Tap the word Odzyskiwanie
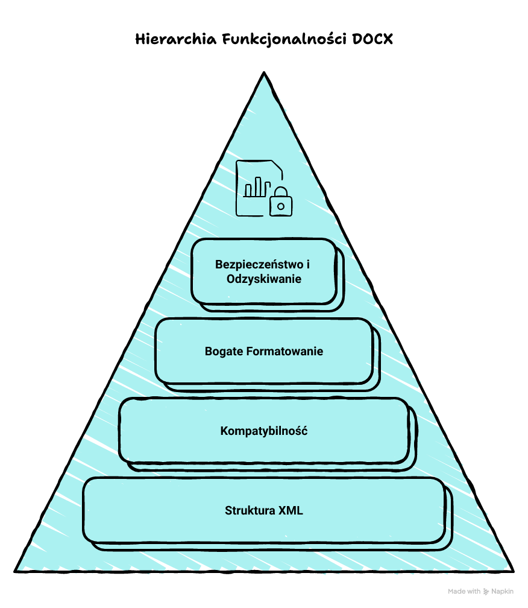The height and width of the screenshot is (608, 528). pos(264,279)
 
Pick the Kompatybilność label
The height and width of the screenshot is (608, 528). pos(264,431)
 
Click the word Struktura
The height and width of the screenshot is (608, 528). pos(250,510)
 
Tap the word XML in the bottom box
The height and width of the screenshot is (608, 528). pos(291,510)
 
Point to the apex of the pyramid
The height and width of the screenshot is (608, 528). pos(263,74)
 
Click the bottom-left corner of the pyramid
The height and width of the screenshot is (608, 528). pos(16,570)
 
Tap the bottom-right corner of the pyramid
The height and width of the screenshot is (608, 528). pos(512,570)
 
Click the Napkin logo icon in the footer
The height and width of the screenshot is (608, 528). pos(486,592)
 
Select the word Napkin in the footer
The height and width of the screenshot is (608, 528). pos(502,592)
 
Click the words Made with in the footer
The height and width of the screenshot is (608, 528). pos(464,592)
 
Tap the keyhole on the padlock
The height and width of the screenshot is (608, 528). pos(280,206)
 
